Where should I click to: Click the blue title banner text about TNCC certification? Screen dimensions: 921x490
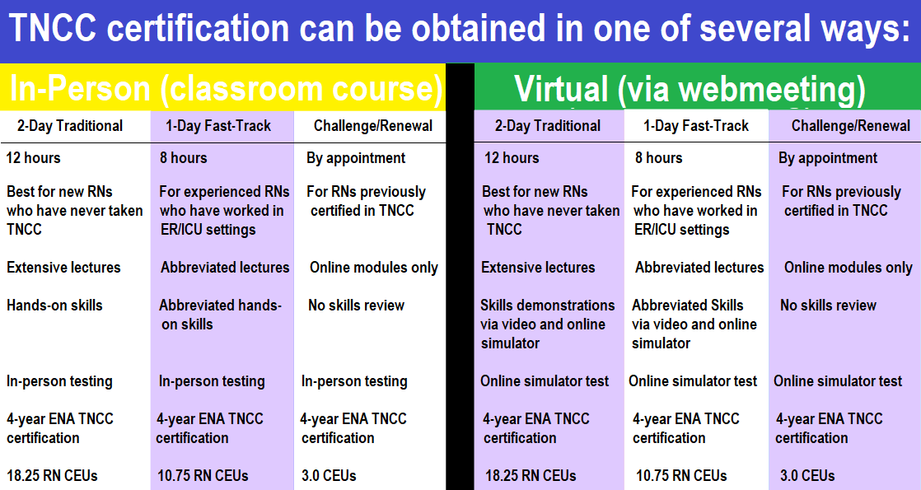click(x=460, y=28)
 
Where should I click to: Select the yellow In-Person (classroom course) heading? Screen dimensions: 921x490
click(x=227, y=88)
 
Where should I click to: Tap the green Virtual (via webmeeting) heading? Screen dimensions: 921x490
click(x=690, y=89)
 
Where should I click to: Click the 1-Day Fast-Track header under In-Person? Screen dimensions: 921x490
click(x=218, y=126)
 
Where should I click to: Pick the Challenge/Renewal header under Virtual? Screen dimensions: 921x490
click(x=850, y=126)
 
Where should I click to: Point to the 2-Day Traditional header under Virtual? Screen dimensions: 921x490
click(x=548, y=126)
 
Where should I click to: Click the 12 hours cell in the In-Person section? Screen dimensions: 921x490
click(x=34, y=157)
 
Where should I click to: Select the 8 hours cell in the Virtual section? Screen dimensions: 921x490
click(x=658, y=157)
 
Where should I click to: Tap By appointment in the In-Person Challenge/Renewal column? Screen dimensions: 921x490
click(x=356, y=158)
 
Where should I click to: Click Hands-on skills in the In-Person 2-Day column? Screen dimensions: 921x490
click(x=54, y=306)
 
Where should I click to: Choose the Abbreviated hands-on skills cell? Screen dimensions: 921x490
click(x=220, y=315)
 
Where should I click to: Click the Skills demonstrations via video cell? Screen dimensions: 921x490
click(x=548, y=324)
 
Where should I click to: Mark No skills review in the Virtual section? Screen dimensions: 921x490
click(x=828, y=306)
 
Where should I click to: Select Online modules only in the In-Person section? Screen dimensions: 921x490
click(x=373, y=268)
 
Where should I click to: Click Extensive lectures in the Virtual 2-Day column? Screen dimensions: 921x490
click(x=538, y=268)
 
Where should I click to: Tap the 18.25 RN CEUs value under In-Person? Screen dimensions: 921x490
click(x=52, y=475)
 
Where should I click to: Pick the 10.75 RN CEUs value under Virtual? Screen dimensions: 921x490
click(x=681, y=475)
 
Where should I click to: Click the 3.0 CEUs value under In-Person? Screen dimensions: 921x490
click(x=329, y=475)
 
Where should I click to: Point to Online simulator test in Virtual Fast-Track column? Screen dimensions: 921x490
click(x=693, y=381)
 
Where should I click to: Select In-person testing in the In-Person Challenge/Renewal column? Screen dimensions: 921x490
click(x=354, y=381)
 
